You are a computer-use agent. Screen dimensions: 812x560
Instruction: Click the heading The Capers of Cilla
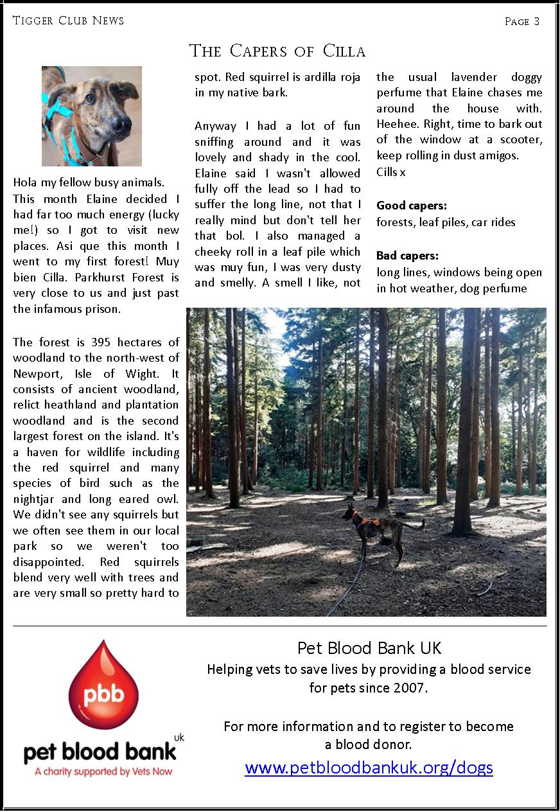pos(277,51)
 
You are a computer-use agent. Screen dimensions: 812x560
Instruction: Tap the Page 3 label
pos(521,21)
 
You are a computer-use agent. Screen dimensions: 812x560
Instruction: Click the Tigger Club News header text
pos(68,21)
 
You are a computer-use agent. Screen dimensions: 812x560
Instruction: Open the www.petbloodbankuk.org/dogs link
pos(369,767)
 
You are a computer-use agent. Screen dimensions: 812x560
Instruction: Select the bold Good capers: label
pos(412,206)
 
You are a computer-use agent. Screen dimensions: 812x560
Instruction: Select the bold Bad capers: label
pos(407,256)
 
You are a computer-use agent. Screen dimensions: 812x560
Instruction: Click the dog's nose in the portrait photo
pos(120,127)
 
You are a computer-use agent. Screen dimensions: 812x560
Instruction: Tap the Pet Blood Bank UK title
pos(369,648)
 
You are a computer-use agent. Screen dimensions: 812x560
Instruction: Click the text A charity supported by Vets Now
pos(103,771)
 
